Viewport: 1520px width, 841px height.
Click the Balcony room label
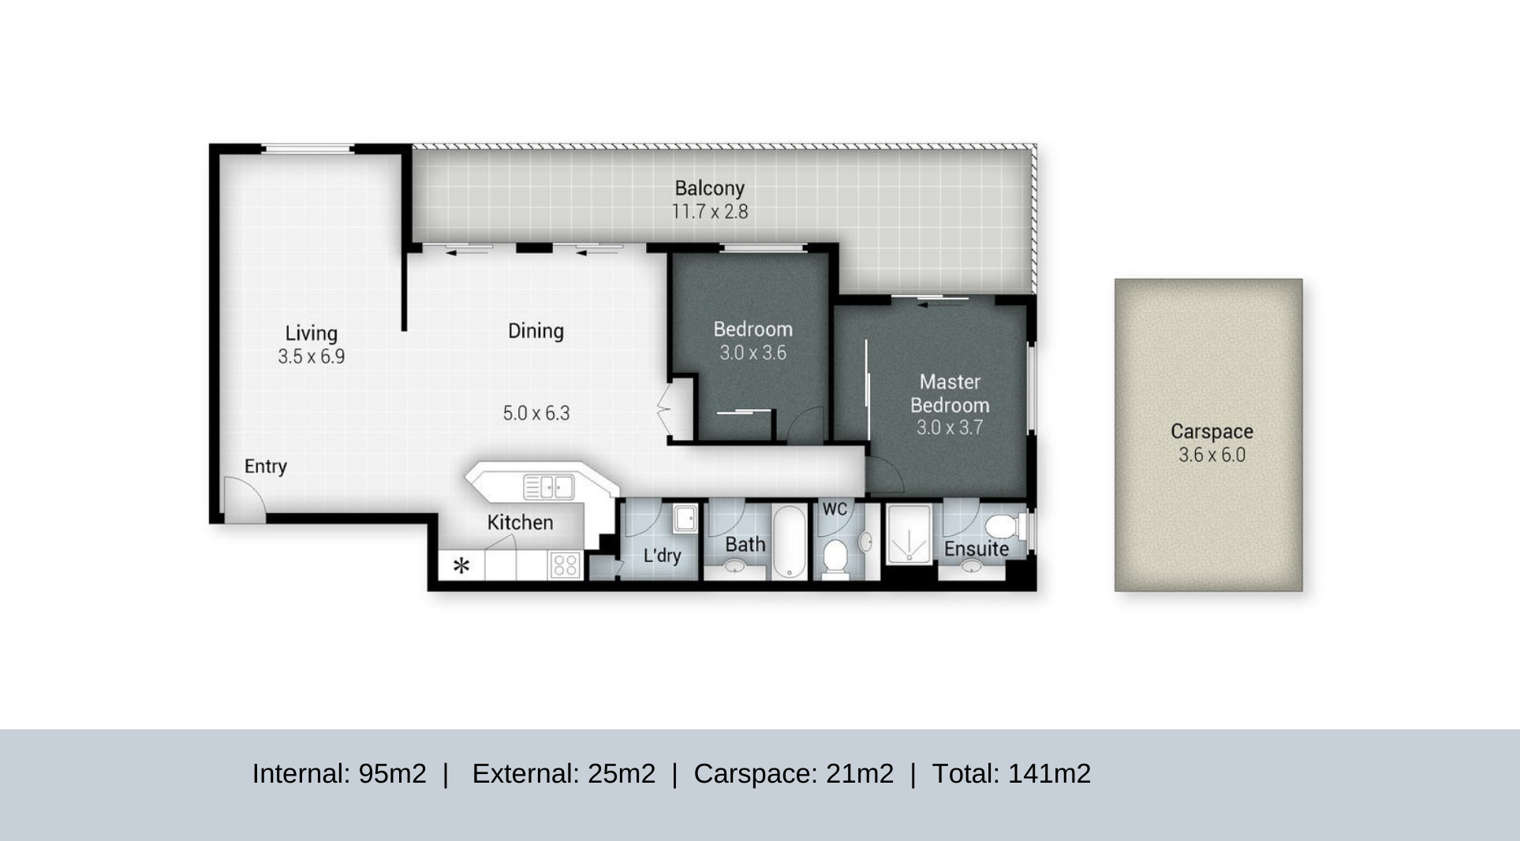click(709, 188)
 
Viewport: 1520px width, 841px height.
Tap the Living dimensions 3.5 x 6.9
click(311, 357)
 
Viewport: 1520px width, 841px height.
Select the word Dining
click(536, 331)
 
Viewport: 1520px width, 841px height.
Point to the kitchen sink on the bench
click(549, 487)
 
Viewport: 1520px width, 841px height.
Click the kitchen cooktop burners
click(566, 565)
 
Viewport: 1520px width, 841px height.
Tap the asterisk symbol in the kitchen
click(461, 565)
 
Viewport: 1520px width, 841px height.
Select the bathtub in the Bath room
click(789, 541)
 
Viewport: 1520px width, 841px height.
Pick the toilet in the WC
click(835, 555)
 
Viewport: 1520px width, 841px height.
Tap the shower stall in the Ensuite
click(909, 534)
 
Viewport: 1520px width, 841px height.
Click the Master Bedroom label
click(950, 393)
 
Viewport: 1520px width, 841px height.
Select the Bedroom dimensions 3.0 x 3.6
click(753, 353)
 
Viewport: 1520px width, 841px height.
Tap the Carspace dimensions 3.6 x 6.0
click(1212, 455)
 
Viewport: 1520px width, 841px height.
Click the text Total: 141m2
click(1011, 774)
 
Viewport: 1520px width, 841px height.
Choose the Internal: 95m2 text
click(339, 774)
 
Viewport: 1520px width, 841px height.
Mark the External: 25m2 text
click(563, 774)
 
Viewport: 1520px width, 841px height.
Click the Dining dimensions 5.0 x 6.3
click(536, 413)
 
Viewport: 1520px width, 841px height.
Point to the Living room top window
click(307, 148)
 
